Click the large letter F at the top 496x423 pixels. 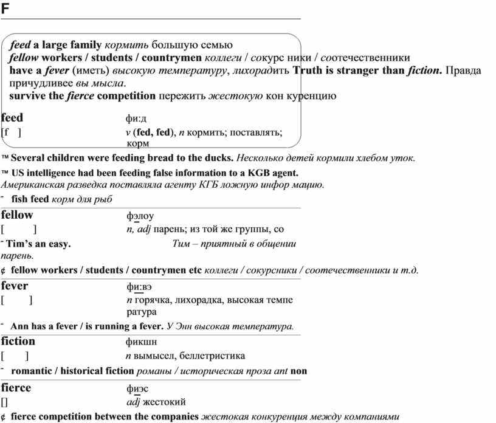click(6, 9)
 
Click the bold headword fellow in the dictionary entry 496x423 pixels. click(17, 215)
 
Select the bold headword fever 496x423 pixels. click(15, 285)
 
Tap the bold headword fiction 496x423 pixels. click(18, 341)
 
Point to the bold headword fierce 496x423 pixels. click(16, 387)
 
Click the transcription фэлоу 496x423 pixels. click(140, 216)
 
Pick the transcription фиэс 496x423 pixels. click(137, 388)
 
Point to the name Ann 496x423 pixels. click(20, 326)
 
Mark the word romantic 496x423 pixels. click(33, 371)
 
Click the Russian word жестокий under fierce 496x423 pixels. click(164, 402)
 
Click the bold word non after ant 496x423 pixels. click(299, 371)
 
